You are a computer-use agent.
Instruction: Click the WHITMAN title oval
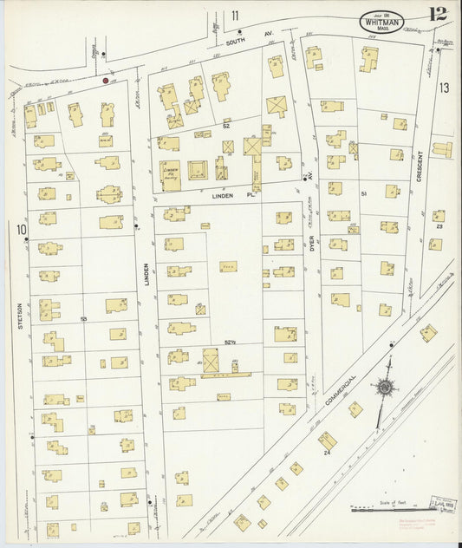tap(381, 18)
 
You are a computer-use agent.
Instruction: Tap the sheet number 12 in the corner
tap(438, 14)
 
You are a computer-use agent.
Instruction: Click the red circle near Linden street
tap(106, 81)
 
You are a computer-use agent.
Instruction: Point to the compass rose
tap(381, 388)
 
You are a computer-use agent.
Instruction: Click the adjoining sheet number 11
tap(235, 15)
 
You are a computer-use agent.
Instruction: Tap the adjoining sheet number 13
tap(444, 88)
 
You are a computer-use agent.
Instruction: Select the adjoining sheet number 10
tap(19, 229)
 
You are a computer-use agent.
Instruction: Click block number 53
tap(83, 320)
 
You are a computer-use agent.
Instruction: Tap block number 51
tap(365, 193)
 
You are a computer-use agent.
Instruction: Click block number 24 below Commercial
tap(328, 452)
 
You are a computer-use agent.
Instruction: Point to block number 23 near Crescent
tap(439, 226)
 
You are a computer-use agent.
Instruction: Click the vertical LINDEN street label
tap(146, 276)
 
